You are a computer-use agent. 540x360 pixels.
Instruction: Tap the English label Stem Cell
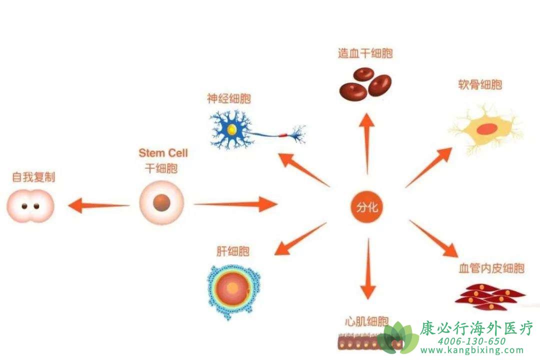pos(163,152)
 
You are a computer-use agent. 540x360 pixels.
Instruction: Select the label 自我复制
pos(33,177)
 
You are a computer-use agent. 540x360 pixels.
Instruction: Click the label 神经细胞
pos(228,98)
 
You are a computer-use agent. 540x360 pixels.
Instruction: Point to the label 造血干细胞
pos(365,53)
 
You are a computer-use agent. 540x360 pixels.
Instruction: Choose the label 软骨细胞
pos(480,84)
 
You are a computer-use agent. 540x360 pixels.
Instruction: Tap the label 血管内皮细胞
pos(491,268)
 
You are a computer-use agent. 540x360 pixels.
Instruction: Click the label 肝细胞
pos(233,251)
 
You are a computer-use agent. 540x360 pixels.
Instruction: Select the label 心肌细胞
pos(366,320)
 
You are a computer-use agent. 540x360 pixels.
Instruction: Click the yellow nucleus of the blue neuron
pos(232,130)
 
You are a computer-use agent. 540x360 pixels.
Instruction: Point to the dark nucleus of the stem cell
pos(161,203)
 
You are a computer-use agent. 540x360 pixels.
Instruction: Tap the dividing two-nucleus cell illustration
pos(30,206)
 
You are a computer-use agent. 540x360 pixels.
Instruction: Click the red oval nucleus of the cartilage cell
pos(486,129)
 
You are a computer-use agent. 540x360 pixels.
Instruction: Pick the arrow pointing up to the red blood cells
pos(367,142)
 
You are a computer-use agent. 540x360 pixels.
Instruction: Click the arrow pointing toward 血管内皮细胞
pos(433,238)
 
